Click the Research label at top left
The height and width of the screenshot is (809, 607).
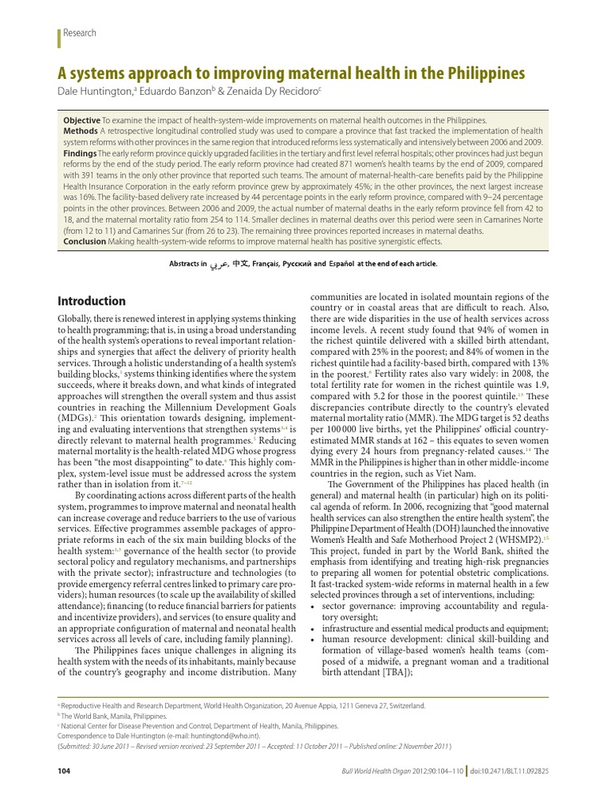click(80, 33)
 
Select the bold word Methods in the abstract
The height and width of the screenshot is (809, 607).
click(81, 130)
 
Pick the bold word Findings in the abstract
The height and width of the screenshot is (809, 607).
click(81, 154)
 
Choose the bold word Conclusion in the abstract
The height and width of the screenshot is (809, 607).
click(85, 242)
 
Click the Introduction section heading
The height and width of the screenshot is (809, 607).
click(92, 301)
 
